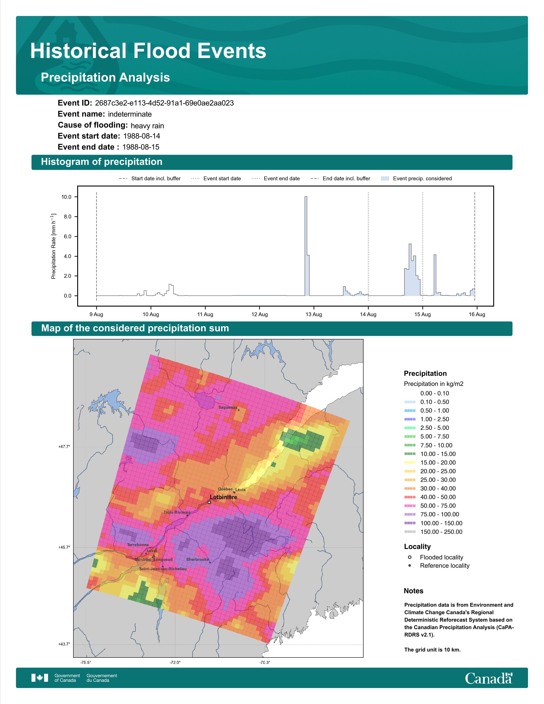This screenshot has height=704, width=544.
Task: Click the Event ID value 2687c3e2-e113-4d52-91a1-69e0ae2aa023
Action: point(164,103)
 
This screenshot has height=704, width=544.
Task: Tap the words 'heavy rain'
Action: point(147,126)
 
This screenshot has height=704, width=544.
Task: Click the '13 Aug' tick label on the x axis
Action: point(314,314)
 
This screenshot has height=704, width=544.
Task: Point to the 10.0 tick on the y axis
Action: point(66,197)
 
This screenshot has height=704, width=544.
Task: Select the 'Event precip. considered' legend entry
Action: point(416,179)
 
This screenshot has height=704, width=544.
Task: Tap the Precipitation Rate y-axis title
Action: point(54,246)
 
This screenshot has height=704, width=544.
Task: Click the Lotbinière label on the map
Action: point(223,497)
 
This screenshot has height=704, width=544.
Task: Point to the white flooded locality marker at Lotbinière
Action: point(209,502)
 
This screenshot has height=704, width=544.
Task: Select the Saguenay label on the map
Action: point(228,407)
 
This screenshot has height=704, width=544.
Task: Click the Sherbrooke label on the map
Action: point(198,559)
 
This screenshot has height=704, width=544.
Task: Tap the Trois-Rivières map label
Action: point(177,512)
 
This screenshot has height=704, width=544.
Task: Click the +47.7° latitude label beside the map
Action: point(64,447)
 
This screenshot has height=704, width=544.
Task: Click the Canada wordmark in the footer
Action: point(489,678)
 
